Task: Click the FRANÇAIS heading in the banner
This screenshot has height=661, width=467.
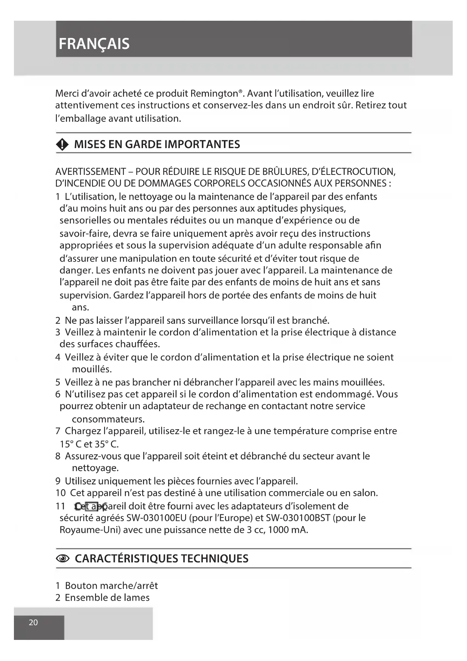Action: pyautogui.click(x=94, y=44)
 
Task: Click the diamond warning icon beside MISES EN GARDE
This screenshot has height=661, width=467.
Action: pyautogui.click(x=62, y=144)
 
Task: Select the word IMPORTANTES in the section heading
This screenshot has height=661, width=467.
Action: pyautogui.click(x=202, y=144)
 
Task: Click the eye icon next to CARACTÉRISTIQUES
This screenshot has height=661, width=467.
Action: pyautogui.click(x=62, y=559)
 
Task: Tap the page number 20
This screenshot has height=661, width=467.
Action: pyautogui.click(x=33, y=622)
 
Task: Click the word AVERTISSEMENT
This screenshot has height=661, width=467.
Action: pyautogui.click(x=90, y=172)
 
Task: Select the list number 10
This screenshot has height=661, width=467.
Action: pyautogui.click(x=60, y=493)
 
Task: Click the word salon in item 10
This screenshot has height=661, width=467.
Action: pyautogui.click(x=365, y=493)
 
